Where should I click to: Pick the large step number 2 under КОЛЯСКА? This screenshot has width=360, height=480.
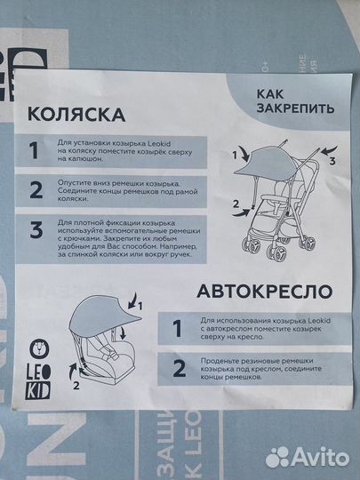[36, 189]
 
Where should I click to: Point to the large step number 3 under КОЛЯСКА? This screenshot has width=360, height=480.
[36, 231]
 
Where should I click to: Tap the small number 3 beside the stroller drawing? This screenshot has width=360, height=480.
[332, 162]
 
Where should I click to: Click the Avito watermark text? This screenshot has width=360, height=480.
[321, 456]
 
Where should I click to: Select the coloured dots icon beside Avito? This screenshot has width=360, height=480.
[279, 456]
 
